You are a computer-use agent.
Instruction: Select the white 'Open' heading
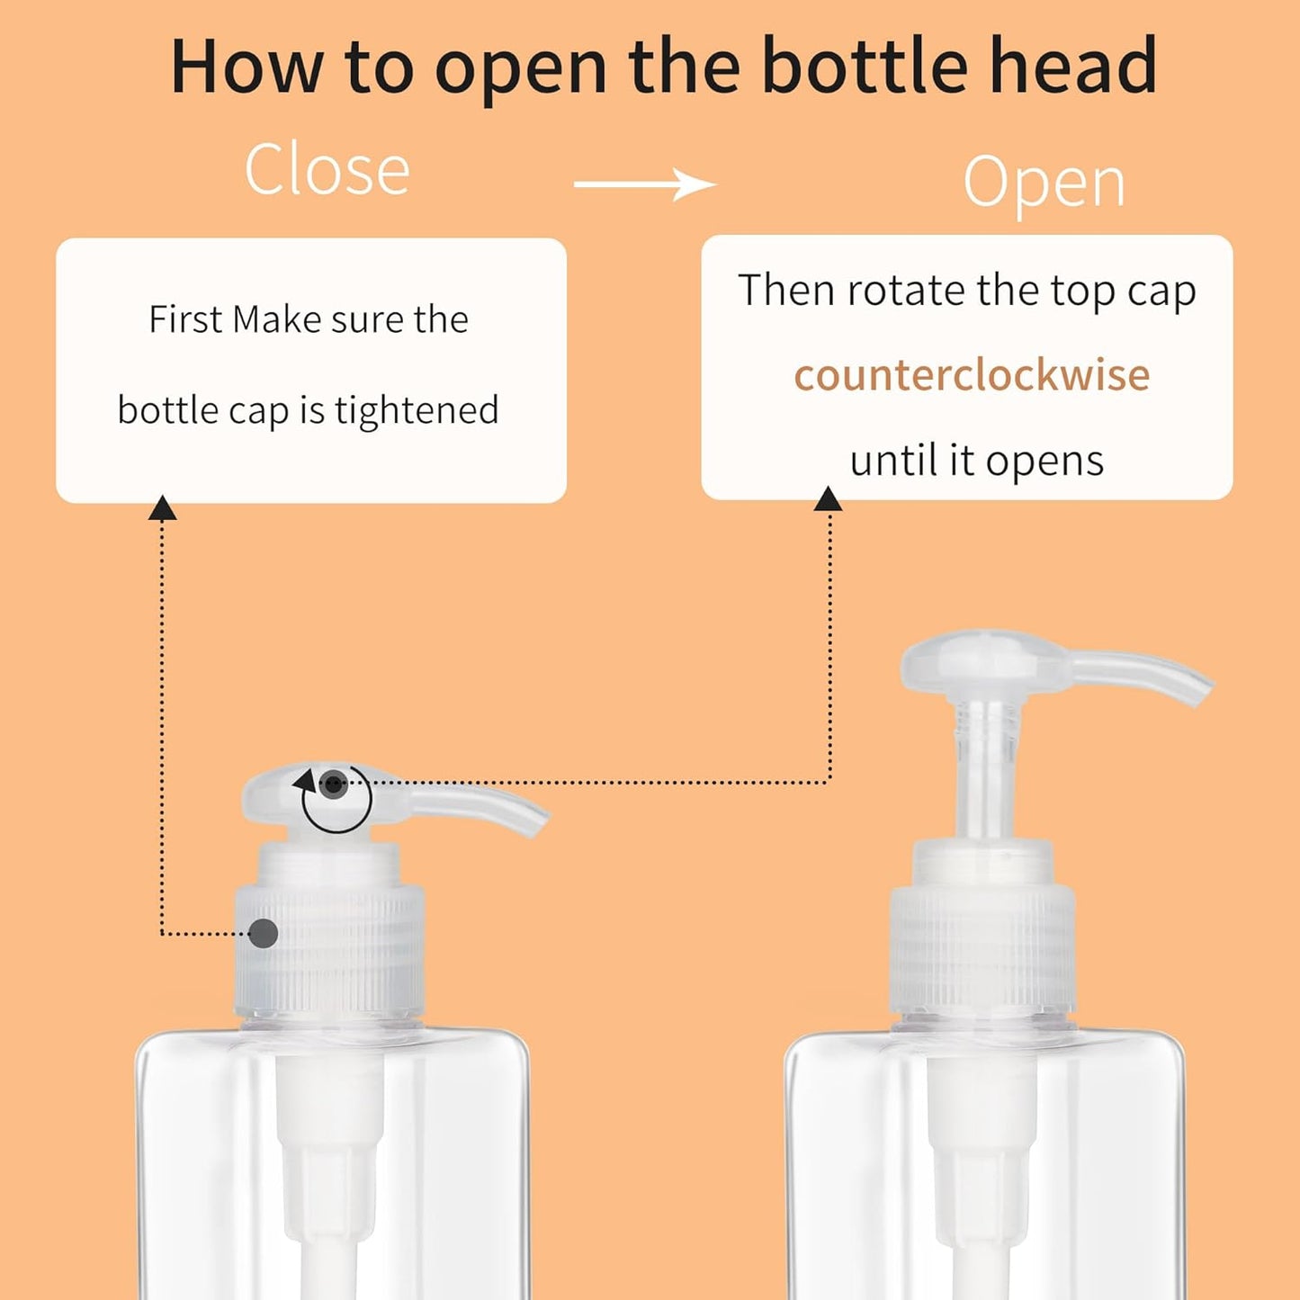coord(1044,183)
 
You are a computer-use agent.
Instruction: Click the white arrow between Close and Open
coord(644,184)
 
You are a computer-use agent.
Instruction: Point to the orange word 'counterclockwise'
coord(971,375)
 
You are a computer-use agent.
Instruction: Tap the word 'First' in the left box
coord(184,319)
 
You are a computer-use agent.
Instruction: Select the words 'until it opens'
coord(976,461)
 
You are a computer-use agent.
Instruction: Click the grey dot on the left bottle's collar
coord(263,933)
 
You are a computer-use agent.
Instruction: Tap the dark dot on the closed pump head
coord(334,784)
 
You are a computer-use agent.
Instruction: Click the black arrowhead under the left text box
coord(162,508)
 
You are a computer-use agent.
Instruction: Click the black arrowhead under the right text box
coord(828,500)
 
